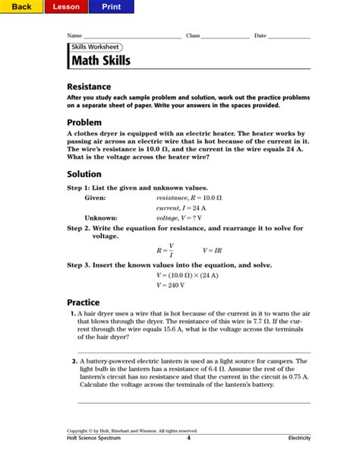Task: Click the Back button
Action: pos(21,7)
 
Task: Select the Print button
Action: pos(111,7)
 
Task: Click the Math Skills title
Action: pos(100,60)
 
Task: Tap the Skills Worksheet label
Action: pos(94,46)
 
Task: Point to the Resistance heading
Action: pos(89,87)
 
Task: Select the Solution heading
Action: pos(84,174)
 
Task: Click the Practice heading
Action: pos(84,302)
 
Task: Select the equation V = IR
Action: pos(213,249)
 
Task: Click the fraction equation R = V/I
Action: pos(166,249)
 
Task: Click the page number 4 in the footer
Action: pos(188,438)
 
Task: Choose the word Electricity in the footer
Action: pos(298,439)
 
